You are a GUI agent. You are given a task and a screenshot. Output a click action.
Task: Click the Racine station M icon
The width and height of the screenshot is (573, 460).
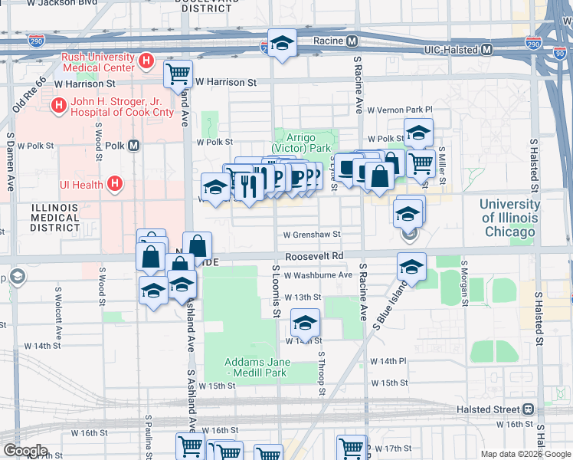(352, 41)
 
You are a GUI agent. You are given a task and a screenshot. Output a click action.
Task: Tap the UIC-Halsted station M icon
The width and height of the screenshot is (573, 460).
(486, 50)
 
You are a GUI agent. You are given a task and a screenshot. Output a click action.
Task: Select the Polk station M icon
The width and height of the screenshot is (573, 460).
(133, 145)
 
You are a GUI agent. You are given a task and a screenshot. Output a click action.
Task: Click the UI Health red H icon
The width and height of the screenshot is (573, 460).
(115, 183)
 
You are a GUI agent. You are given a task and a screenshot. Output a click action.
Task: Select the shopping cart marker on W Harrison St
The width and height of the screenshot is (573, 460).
(178, 74)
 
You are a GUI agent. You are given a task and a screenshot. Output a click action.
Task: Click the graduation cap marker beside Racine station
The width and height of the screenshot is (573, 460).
(281, 44)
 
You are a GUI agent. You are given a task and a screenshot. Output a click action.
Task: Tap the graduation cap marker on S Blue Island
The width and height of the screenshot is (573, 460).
(411, 268)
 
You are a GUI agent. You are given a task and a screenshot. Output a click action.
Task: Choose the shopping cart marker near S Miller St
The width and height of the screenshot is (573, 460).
(421, 163)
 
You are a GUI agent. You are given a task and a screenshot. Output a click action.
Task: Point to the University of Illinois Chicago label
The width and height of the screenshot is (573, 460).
(509, 218)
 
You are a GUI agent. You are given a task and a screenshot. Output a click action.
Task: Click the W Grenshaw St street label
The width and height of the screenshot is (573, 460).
(311, 235)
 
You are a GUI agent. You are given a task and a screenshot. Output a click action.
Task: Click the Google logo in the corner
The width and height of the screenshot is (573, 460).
(25, 450)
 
